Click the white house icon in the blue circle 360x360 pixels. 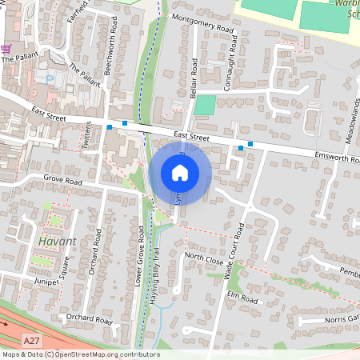180,173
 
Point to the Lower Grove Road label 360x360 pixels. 139,256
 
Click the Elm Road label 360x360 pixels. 244,299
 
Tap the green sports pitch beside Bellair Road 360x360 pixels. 205,105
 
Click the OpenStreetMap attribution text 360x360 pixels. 80,354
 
